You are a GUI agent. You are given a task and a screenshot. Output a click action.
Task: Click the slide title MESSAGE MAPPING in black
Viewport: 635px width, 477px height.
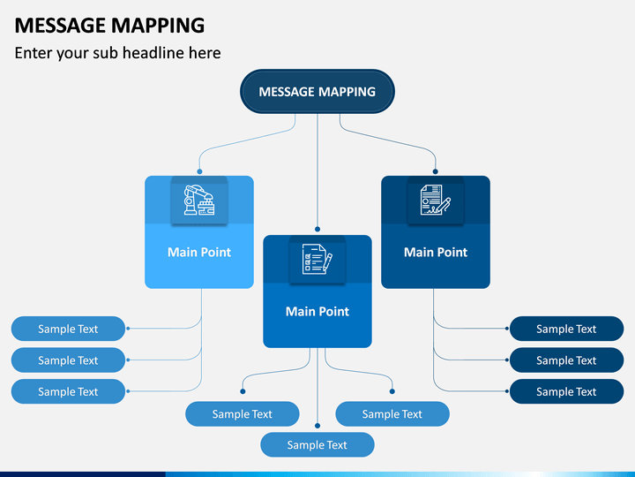pos(109,26)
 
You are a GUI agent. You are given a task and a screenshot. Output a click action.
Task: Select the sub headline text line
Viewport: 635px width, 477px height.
pos(118,53)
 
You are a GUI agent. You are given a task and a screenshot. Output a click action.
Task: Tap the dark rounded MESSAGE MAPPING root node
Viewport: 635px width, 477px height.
pos(317,91)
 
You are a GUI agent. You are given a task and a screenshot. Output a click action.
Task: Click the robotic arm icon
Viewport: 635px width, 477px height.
pos(199,200)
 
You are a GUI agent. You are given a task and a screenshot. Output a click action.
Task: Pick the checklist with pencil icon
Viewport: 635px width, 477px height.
pos(317,259)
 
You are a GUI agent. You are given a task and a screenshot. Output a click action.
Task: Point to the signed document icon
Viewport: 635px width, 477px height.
pos(436,200)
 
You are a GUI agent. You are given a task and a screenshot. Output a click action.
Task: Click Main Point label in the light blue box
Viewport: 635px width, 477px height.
pos(199,253)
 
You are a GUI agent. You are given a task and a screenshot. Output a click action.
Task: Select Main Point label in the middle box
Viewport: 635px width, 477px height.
pos(317,312)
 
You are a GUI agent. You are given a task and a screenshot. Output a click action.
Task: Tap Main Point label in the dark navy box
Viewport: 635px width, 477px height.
pos(436,253)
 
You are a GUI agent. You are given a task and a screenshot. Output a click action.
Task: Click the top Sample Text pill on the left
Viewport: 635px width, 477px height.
pos(68,329)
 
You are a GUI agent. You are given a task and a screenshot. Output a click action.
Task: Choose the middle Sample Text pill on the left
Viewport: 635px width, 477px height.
pos(68,360)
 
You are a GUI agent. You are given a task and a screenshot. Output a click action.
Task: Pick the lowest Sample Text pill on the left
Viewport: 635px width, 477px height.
pos(68,391)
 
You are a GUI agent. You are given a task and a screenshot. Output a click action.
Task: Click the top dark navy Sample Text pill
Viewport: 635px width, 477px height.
pos(566,329)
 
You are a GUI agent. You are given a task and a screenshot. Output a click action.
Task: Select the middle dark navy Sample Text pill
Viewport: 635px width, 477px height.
pos(566,360)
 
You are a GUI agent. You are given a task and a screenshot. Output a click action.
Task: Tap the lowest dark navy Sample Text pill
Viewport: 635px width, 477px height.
pos(566,391)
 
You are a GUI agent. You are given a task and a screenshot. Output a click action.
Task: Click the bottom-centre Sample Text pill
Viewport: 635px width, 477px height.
pos(317,445)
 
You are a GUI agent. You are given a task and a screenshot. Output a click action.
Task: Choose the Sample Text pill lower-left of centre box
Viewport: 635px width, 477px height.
pos(243,413)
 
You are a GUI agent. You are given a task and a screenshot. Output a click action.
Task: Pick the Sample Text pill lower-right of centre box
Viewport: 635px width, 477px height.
pos(392,413)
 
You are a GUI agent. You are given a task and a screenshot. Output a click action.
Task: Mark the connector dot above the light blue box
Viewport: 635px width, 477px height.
pos(199,171)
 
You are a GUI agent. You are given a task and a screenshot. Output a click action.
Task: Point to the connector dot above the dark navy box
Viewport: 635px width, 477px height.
pos(436,171)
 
